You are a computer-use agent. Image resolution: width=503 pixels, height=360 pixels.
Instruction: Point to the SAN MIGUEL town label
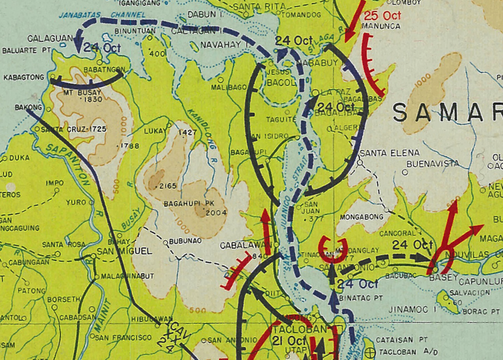click(x=125, y=251)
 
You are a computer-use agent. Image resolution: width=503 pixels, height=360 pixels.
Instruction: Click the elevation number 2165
click(x=168, y=186)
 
